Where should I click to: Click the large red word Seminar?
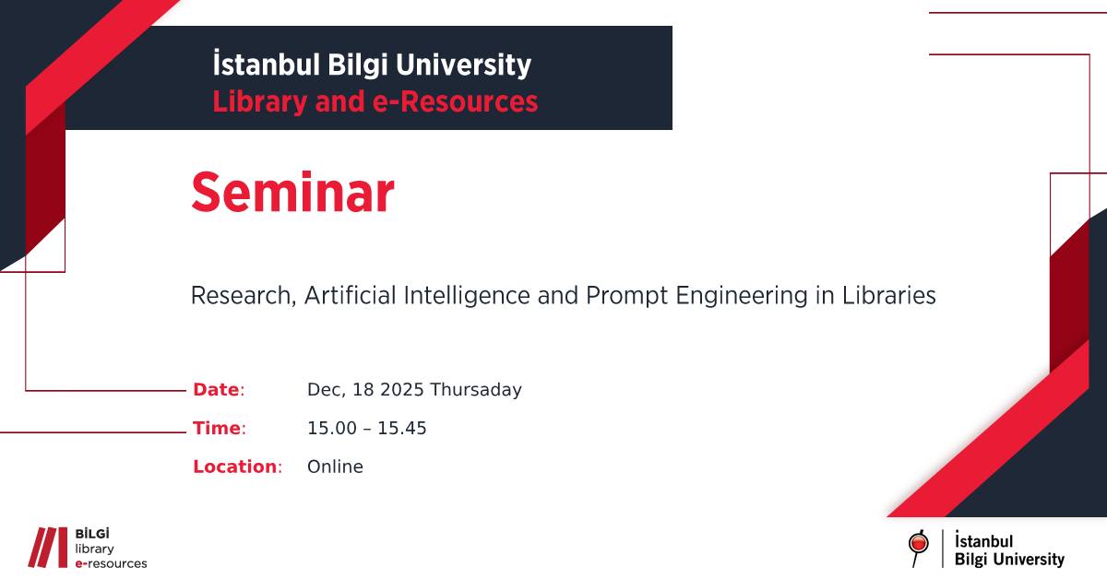pyautogui.click(x=292, y=194)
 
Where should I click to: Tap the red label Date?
pyautogui.click(x=216, y=390)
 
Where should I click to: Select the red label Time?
pyautogui.click(x=217, y=428)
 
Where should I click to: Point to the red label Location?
pyautogui.click(x=235, y=467)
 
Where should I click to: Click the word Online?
pyautogui.click(x=335, y=467)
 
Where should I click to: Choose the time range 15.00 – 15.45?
pyautogui.click(x=366, y=428)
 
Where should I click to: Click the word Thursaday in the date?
pyautogui.click(x=476, y=390)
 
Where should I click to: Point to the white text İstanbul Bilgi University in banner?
pyautogui.click(x=372, y=65)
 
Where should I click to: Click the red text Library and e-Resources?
pyautogui.click(x=375, y=101)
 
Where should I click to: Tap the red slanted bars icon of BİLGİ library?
pyautogui.click(x=47, y=547)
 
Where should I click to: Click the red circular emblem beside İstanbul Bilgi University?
pyautogui.click(x=917, y=546)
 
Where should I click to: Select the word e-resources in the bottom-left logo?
pyautogui.click(x=111, y=562)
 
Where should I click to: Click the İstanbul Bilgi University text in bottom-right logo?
pyautogui.click(x=1009, y=550)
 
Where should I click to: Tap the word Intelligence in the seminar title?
pyautogui.click(x=462, y=296)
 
